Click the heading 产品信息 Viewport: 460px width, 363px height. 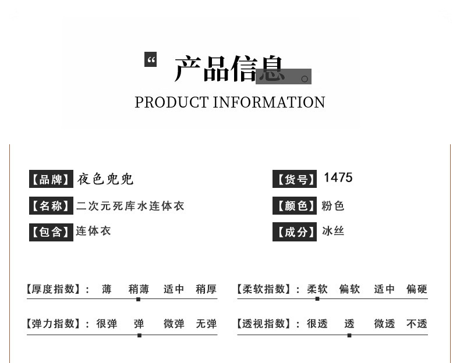point(229,69)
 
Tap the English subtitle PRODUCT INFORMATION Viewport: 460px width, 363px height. point(230,102)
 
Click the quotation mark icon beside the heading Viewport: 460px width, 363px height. point(151,59)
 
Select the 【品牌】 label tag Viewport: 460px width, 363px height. point(51,179)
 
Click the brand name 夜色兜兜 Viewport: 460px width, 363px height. point(105,179)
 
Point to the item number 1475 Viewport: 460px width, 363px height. point(338,177)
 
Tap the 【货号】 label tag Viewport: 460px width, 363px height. point(295,180)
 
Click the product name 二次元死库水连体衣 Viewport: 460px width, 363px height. point(130,206)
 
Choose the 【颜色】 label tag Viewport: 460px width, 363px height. point(295,206)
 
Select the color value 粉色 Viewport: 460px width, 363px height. point(333,206)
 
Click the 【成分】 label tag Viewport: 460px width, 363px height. point(295,232)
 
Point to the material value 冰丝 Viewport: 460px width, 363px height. point(333,231)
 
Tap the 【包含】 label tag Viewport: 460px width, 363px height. point(51,232)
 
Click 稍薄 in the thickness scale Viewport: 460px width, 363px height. point(139,289)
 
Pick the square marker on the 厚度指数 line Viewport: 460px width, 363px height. point(138,299)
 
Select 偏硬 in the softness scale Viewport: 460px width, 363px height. point(417,289)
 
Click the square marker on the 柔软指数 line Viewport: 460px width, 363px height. point(317,299)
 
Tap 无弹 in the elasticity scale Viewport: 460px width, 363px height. point(206,324)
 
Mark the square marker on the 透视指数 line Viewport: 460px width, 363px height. point(349,335)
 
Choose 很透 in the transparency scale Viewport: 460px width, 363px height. point(317,324)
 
